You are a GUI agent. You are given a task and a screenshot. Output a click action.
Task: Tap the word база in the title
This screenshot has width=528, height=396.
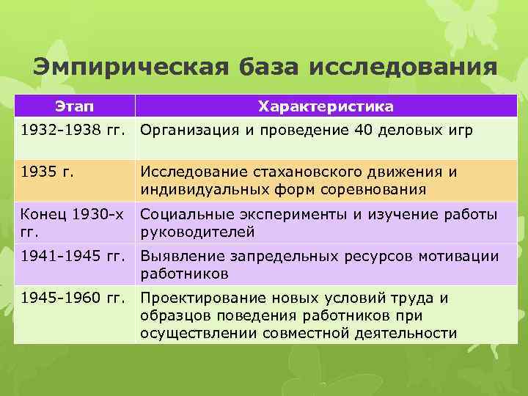pyautogui.click(x=269, y=67)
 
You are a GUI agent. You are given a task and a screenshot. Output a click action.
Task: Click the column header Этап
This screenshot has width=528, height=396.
pyautogui.click(x=75, y=107)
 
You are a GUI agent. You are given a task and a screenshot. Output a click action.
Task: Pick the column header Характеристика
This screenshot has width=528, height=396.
pyautogui.click(x=326, y=107)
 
